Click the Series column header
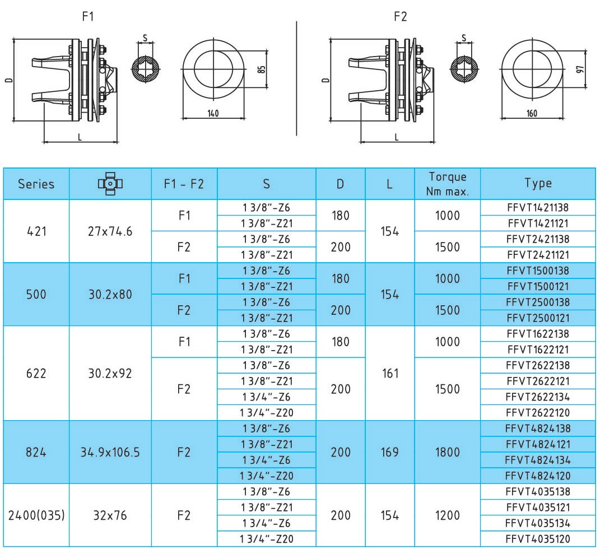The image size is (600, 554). tap(36, 184)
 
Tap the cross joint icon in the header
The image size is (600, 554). tap(110, 184)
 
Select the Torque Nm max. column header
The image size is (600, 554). tap(447, 184)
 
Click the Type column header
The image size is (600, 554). tap(538, 183)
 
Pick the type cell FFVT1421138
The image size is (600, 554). tap(538, 207)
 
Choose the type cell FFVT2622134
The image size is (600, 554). tap(538, 397)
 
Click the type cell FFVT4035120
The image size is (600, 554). tap(538, 539)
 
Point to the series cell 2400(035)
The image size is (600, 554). tap(36, 515)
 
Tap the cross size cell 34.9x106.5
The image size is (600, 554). tap(110, 452)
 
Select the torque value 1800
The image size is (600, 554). tap(447, 452)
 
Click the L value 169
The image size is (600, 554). tap(389, 452)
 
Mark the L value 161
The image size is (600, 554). tap(390, 373)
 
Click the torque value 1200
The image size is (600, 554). tap(447, 515)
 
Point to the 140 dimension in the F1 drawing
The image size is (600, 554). tap(213, 113)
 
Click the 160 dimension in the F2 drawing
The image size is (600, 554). tap(532, 113)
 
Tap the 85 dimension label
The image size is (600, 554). tap(262, 69)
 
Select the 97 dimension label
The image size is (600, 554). tap(580, 69)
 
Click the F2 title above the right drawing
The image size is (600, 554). tap(400, 16)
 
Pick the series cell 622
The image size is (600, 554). tap(36, 373)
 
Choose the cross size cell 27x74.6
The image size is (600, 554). tap(110, 231)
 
